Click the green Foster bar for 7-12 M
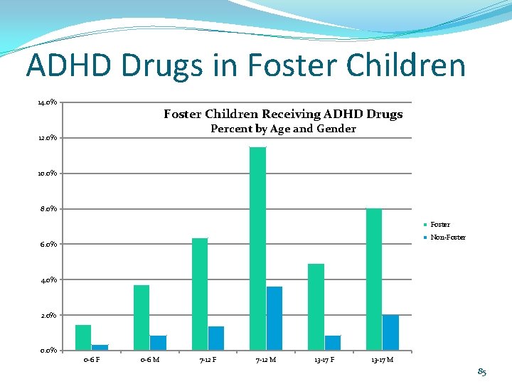(257, 248)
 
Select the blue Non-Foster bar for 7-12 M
(274, 318)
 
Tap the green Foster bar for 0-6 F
(83, 337)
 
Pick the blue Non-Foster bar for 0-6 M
(158, 343)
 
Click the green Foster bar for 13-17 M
(373, 279)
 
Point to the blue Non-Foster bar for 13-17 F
(333, 343)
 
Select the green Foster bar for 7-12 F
(200, 294)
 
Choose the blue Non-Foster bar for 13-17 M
(390, 332)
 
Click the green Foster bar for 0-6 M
(142, 317)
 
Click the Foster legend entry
(439, 225)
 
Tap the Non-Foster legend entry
(447, 238)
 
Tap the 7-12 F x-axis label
(208, 360)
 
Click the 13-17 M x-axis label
(382, 360)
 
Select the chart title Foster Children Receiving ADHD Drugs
(283, 114)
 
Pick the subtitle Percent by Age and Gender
(283, 129)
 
